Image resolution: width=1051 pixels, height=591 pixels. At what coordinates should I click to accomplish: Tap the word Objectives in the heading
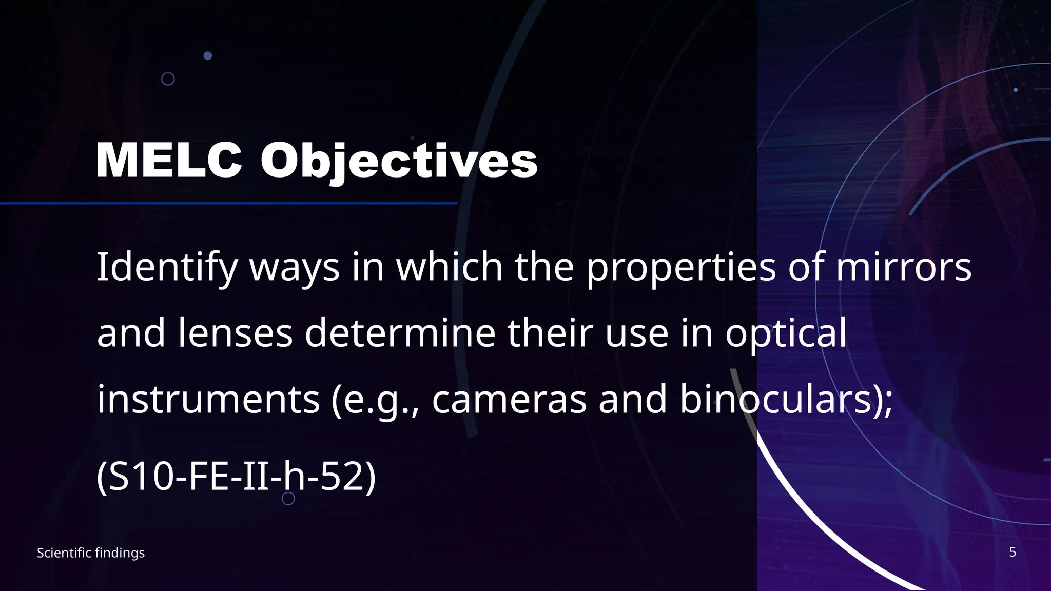pos(399,161)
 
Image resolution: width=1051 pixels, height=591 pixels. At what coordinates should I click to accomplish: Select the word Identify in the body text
pos(167,267)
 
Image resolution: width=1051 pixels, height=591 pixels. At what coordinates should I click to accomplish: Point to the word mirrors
pos(904,267)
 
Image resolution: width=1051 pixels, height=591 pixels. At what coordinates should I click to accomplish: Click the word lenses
pos(236,333)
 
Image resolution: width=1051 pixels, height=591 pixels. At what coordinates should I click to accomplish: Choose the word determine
pos(400,333)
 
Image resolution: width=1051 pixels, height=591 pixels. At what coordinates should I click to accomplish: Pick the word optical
pos(786,333)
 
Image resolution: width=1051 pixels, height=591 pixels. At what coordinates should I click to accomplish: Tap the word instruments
pos(208,400)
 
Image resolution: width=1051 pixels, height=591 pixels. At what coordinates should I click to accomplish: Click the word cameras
pos(509,400)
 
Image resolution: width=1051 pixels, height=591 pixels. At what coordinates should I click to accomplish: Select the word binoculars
pos(775,400)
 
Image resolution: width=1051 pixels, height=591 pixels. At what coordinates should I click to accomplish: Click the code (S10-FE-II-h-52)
pos(236,477)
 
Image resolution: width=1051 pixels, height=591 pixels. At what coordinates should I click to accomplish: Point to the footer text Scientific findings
pos(91,553)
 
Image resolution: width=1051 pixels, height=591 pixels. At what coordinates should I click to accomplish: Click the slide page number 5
pos(1013,552)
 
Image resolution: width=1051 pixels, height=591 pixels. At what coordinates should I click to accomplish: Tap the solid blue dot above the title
pos(208,55)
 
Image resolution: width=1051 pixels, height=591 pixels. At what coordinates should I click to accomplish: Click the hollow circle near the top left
pos(168,79)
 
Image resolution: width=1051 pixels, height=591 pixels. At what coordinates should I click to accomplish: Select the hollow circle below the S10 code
pos(288,498)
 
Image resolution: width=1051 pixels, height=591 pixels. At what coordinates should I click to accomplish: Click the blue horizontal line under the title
pos(228,204)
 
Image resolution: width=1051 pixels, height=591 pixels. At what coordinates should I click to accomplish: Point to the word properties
pos(681,267)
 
